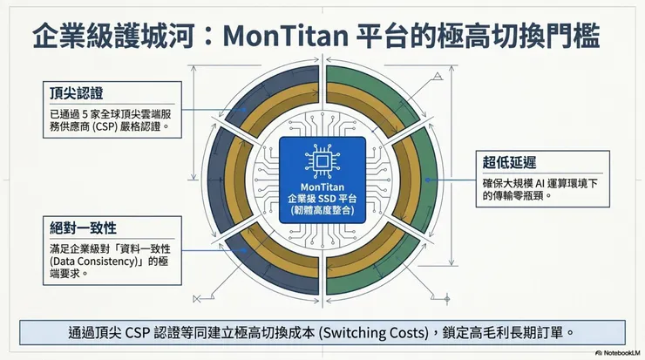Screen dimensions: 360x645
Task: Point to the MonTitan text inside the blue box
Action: point(322,186)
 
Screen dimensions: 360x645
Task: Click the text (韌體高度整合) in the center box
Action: point(322,214)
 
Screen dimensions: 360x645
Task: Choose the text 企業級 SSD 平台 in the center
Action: point(322,200)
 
